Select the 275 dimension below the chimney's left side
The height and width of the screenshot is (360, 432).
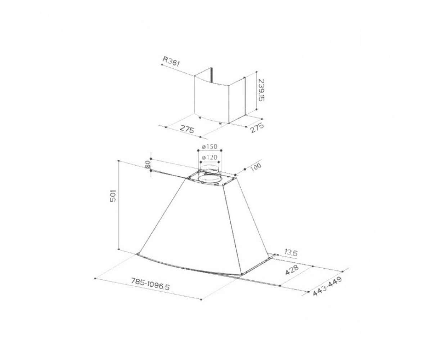click(x=187, y=129)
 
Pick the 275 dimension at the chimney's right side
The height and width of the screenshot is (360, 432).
click(x=257, y=128)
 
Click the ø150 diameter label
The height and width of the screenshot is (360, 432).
click(x=210, y=147)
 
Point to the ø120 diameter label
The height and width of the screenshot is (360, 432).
click(x=210, y=157)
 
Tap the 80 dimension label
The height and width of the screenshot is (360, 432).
click(x=148, y=165)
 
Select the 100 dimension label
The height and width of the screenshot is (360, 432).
click(x=256, y=167)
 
